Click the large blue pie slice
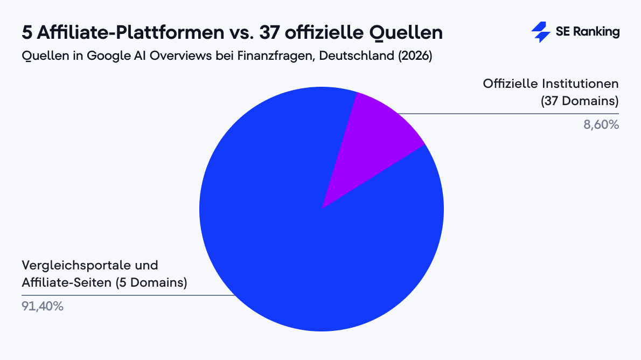pos(302,243)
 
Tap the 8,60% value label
pos(602,125)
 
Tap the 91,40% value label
pos(43,307)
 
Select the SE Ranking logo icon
pos(540,32)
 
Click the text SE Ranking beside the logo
pos(587,32)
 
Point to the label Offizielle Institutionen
pos(551,84)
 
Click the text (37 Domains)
pos(580,101)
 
